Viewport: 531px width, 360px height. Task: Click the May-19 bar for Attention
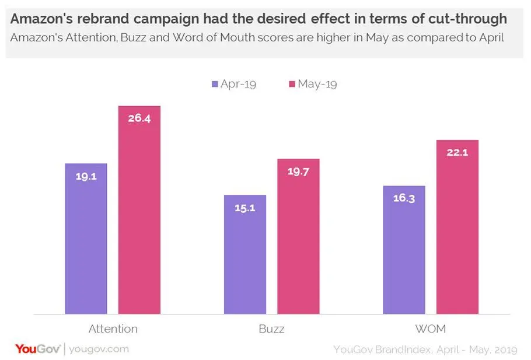point(139,210)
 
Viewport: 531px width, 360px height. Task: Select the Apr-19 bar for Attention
point(86,239)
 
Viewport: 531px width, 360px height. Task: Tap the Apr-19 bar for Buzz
point(245,254)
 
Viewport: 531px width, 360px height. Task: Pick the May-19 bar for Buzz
point(298,236)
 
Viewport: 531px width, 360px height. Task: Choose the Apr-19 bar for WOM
point(404,250)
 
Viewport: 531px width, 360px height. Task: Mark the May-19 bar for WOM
point(457,227)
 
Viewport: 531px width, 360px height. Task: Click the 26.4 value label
point(139,118)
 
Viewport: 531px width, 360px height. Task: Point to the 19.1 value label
point(86,176)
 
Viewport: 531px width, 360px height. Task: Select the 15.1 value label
point(245,207)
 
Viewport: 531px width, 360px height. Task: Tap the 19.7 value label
point(298,171)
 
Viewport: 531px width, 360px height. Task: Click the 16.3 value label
point(404,198)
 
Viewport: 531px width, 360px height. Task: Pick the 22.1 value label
point(457,152)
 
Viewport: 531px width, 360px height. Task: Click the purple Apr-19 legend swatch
point(215,84)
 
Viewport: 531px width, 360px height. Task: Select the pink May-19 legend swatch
point(292,84)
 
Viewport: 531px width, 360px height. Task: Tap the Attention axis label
point(113,329)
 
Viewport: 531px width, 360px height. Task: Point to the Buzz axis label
point(271,329)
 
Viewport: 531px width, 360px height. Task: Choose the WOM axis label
point(431,329)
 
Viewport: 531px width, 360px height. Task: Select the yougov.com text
point(98,349)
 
